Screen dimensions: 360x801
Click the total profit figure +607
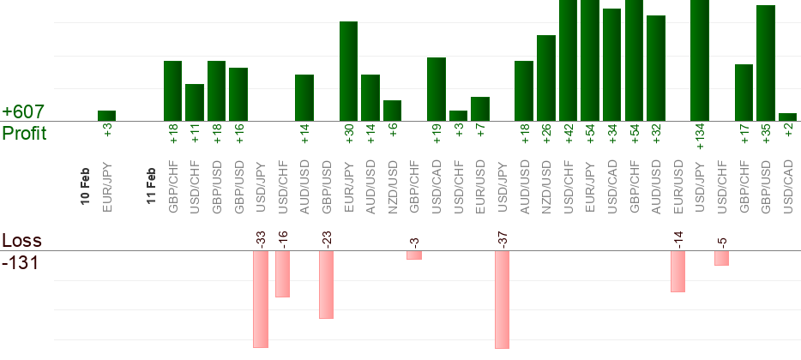tap(23, 112)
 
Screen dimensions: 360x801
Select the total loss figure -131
tap(21, 262)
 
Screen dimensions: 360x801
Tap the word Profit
tap(24, 134)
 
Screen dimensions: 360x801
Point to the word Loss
tap(21, 240)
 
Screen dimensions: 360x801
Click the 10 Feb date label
tap(85, 183)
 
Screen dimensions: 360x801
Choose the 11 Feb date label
tap(151, 183)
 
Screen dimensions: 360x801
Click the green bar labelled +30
tap(348, 71)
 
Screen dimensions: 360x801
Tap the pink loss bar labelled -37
tap(502, 299)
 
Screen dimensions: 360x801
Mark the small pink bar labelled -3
tap(414, 255)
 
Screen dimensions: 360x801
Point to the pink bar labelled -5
tap(722, 258)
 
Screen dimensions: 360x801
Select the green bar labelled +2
tap(788, 117)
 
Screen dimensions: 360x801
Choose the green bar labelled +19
tap(437, 89)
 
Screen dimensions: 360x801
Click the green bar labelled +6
tap(392, 111)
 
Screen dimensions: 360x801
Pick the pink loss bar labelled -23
tap(326, 284)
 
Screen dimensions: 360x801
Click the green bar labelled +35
tap(766, 63)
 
